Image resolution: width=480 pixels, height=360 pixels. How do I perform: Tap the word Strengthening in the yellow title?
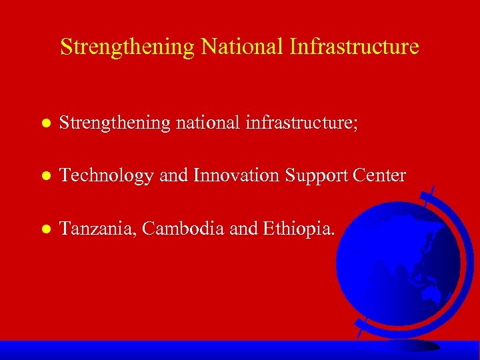coord(127,47)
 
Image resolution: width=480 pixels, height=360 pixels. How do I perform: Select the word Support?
coord(313,177)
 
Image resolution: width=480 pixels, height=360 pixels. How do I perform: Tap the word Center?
coord(381,175)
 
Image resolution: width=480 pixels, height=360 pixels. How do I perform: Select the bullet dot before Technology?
coord(44,177)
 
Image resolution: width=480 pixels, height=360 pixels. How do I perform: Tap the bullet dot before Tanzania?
coord(44,230)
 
